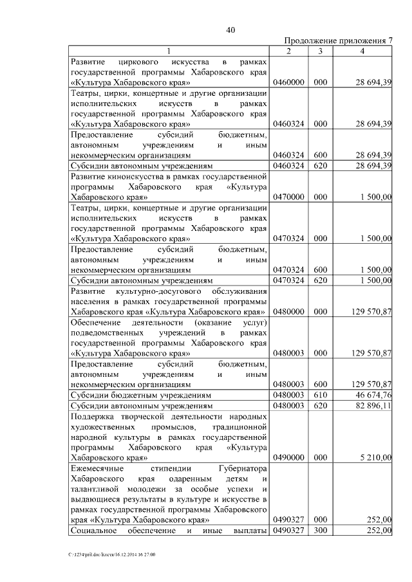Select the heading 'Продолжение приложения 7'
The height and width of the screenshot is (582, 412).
click(x=338, y=41)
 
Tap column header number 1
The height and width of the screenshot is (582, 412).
click(x=169, y=51)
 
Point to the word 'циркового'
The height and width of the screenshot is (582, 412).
click(x=140, y=62)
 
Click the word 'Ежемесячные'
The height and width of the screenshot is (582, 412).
click(x=97, y=469)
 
